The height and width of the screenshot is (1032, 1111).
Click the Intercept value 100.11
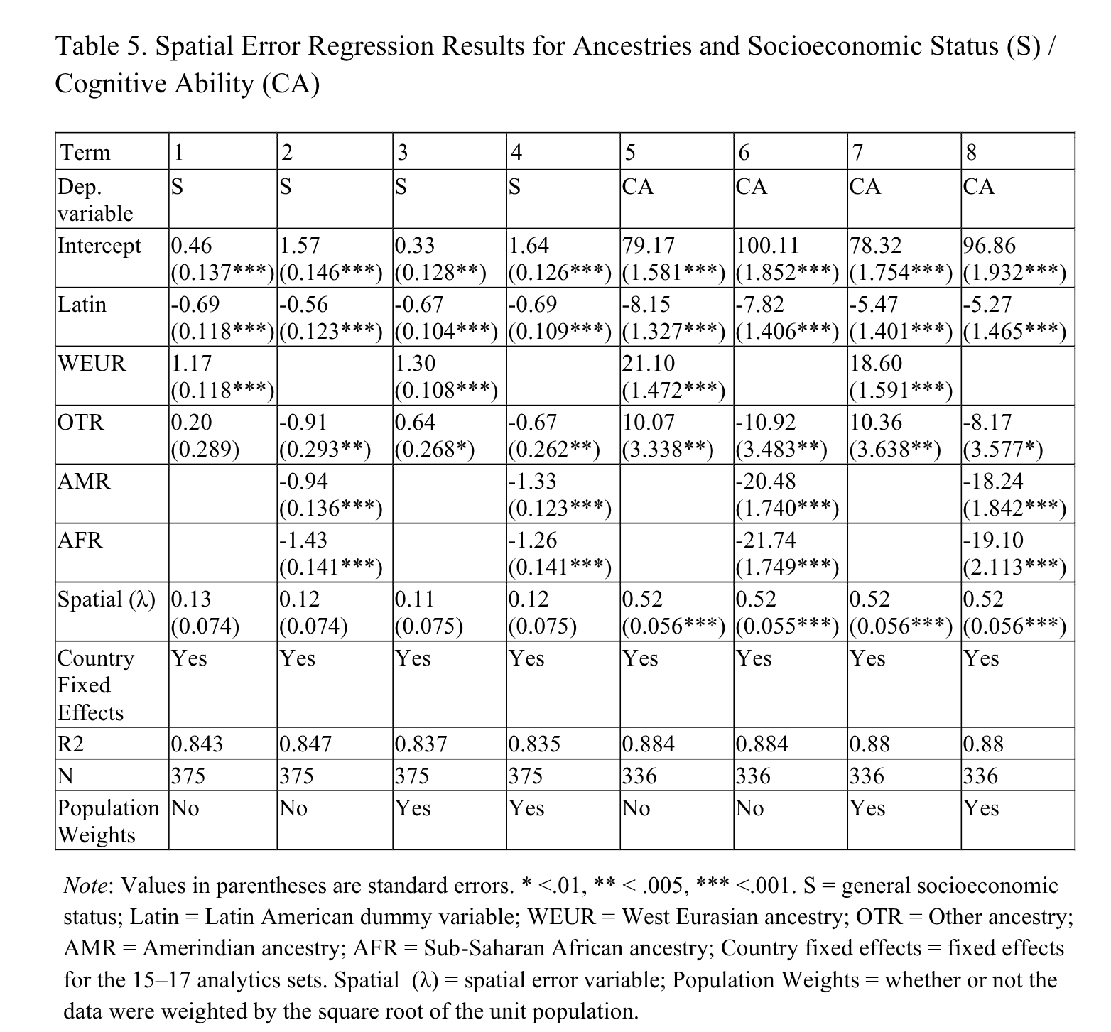(767, 246)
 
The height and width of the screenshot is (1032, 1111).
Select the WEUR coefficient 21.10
(649, 364)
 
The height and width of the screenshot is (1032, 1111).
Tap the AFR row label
(80, 541)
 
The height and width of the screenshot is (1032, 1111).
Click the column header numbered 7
(857, 152)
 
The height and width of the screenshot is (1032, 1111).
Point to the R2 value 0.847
(305, 744)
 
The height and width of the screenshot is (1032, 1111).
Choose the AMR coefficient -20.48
(766, 482)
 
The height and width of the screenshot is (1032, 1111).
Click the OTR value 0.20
(192, 423)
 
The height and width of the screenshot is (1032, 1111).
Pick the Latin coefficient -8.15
(646, 305)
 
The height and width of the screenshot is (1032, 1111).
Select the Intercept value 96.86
(990, 246)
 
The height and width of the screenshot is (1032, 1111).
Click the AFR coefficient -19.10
(994, 541)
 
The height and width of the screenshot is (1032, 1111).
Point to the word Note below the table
(86, 886)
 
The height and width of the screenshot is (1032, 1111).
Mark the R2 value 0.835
(535, 744)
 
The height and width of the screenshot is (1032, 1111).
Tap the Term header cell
(86, 152)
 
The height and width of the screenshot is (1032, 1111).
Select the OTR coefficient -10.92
(766, 423)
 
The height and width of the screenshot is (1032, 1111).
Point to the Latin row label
(82, 305)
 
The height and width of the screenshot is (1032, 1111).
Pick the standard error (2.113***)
(1015, 567)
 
